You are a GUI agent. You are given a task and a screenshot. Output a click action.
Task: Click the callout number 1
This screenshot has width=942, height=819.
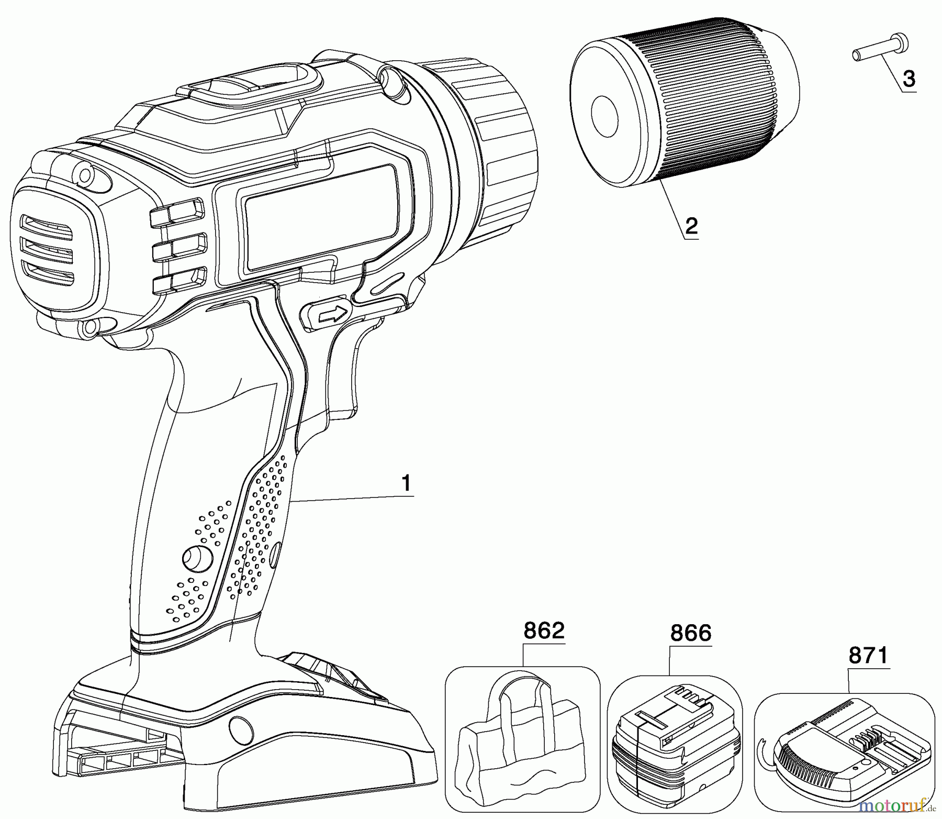(x=406, y=483)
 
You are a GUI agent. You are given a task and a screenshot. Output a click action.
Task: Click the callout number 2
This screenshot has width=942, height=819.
(x=691, y=226)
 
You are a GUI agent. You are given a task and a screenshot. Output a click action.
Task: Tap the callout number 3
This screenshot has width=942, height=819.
(x=909, y=79)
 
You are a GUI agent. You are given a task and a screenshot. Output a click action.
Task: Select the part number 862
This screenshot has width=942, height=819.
(x=544, y=630)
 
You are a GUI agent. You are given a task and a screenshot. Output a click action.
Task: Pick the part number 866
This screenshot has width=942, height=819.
(x=691, y=633)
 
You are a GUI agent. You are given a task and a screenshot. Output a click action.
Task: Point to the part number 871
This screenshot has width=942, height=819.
(x=869, y=655)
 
